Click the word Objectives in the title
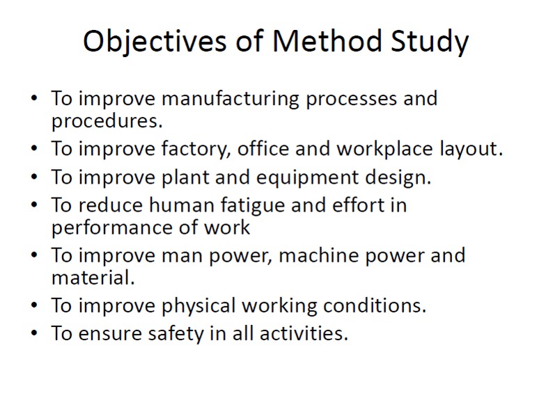point(155,42)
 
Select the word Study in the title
point(430,42)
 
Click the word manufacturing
point(231,98)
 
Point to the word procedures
point(107,121)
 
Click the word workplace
point(384,148)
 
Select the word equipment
point(307,177)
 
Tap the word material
point(93,278)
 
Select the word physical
point(198,305)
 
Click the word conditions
point(375,305)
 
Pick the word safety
point(176,333)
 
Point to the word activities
point(304,333)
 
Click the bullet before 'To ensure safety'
point(34,333)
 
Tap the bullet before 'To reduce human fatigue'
point(34,205)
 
